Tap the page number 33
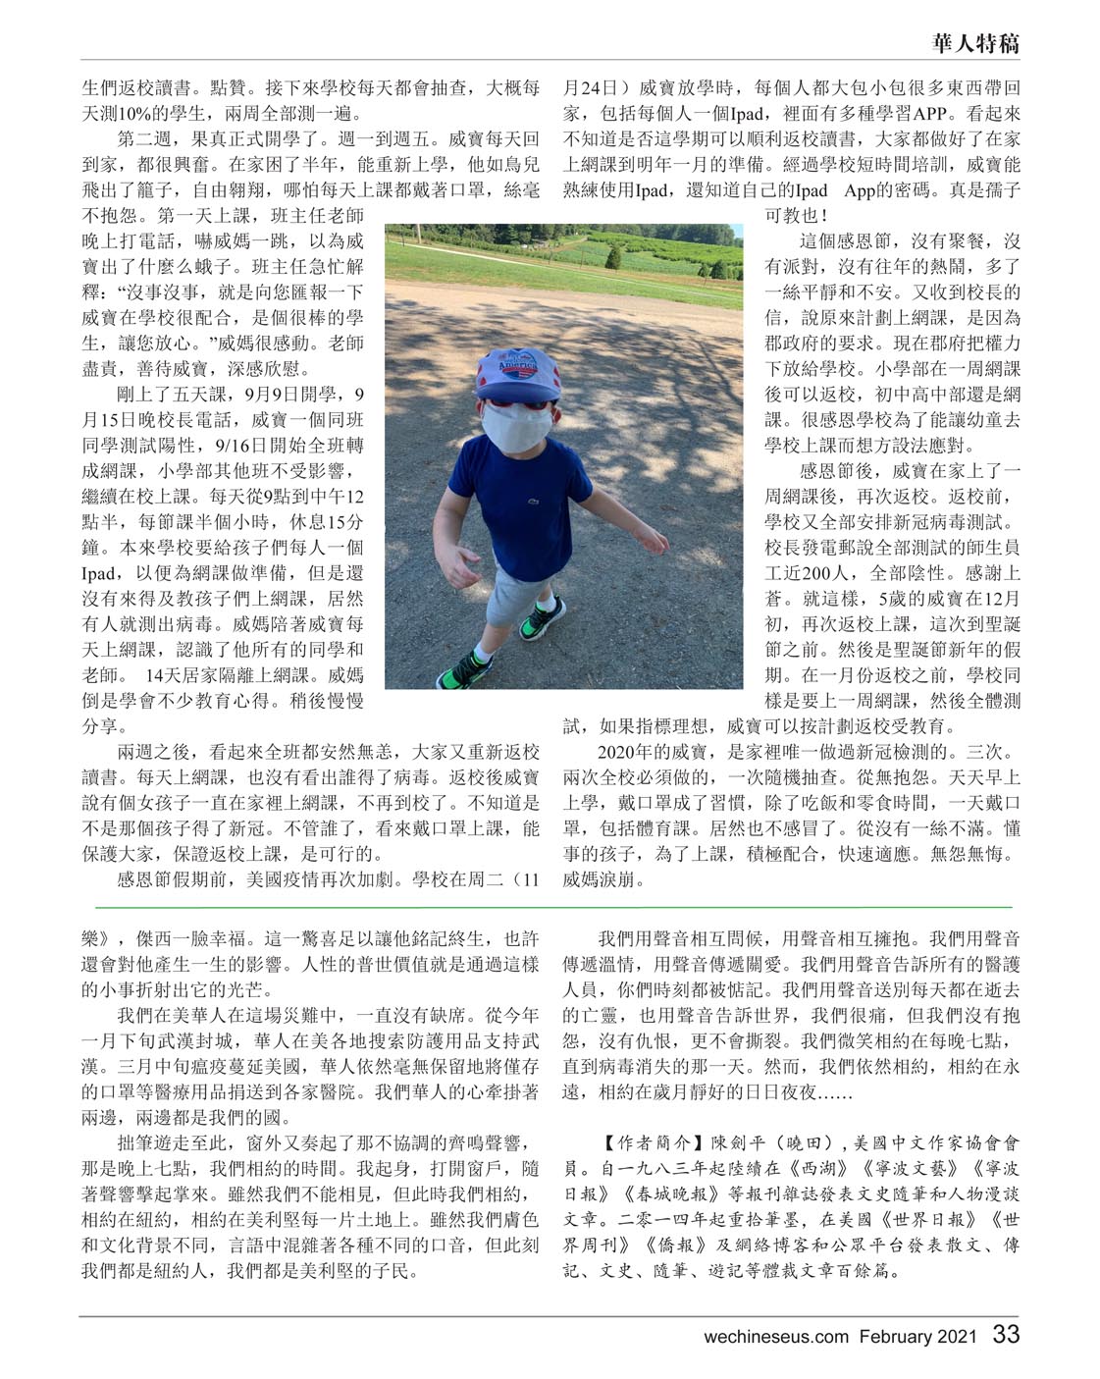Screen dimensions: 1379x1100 (x=1006, y=1335)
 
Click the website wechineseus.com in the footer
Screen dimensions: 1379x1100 (x=775, y=1336)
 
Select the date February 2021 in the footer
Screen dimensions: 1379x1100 (x=918, y=1336)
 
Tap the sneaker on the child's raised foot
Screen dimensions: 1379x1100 (x=542, y=618)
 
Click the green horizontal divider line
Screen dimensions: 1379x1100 (x=550, y=905)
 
